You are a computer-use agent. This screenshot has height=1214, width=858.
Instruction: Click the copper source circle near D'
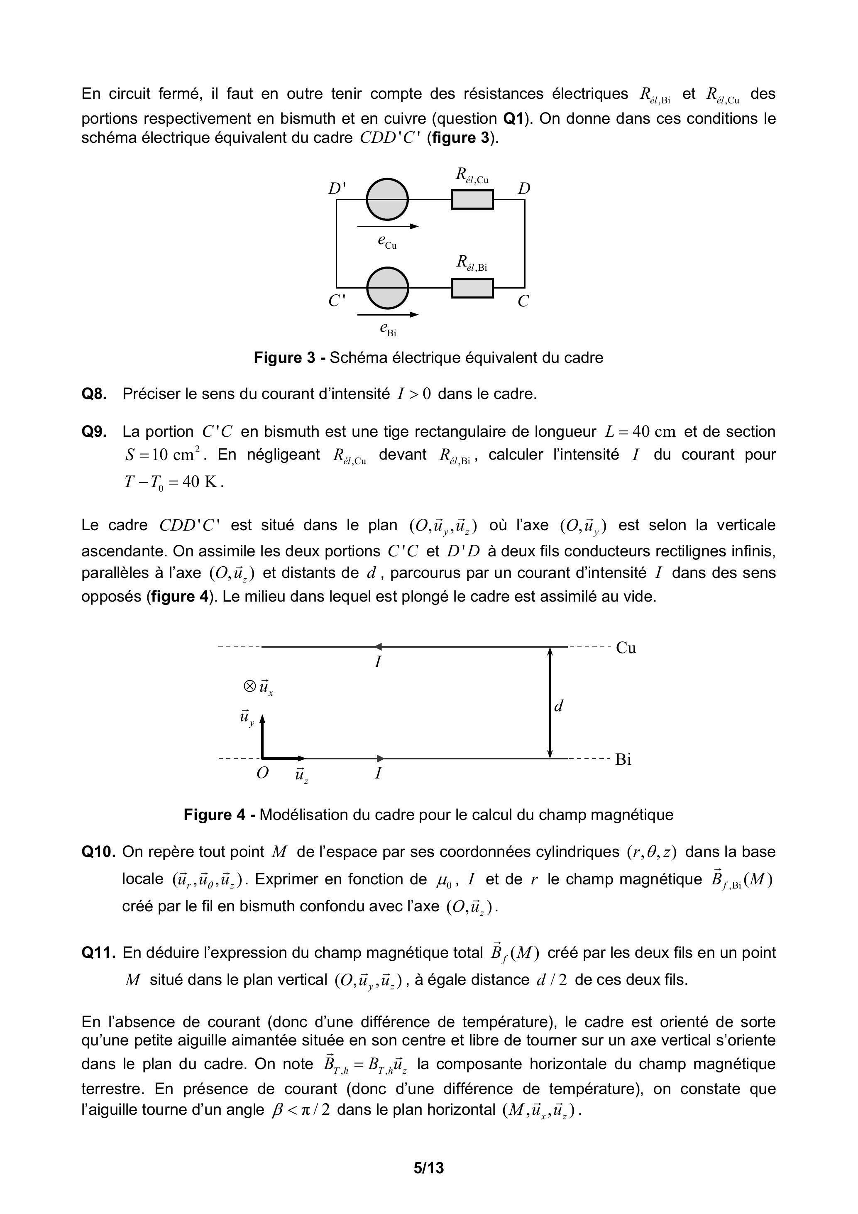388,199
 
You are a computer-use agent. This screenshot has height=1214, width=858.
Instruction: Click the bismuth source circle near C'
388,288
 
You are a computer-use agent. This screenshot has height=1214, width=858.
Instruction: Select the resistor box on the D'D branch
472,200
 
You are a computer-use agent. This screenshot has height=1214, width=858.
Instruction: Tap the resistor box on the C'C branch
472,288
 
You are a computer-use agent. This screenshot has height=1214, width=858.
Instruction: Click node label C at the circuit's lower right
523,301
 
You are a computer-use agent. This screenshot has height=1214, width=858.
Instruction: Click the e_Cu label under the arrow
386,242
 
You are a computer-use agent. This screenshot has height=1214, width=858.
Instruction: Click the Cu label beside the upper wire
626,648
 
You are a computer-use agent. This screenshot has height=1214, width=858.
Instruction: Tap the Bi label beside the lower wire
623,759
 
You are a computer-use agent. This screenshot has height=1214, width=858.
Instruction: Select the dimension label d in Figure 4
559,705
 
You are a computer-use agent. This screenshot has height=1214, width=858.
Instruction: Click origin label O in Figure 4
262,773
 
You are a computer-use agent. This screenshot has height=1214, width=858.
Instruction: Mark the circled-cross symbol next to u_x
249,686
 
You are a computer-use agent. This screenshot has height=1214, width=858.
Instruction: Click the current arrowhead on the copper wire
378,647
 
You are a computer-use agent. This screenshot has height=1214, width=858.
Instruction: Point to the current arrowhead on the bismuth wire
381,759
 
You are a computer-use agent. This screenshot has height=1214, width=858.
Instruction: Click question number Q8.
94,394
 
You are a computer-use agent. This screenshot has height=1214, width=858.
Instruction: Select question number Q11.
98,952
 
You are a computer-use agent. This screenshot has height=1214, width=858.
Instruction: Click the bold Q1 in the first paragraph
513,118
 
